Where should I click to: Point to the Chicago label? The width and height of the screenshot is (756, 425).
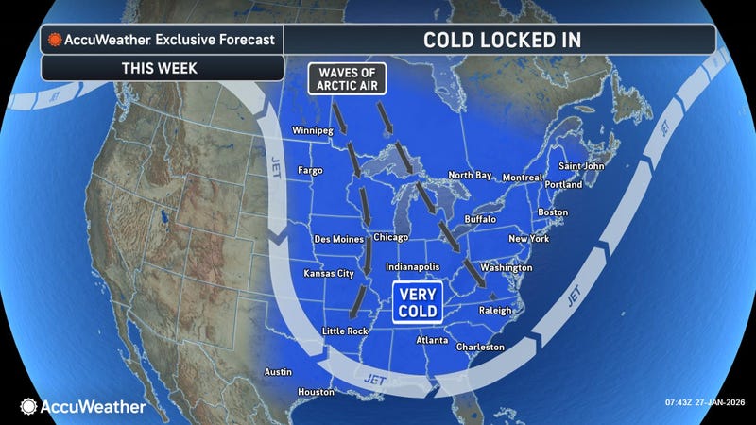391,236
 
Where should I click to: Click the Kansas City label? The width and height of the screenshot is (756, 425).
328,273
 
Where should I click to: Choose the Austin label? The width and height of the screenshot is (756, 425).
278,371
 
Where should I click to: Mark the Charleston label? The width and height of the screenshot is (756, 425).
480,347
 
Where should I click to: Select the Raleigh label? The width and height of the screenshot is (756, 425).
495,310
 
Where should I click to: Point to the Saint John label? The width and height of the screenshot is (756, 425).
581,166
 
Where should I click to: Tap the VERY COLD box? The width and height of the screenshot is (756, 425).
417,303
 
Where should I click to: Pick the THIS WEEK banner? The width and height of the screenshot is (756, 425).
162,67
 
